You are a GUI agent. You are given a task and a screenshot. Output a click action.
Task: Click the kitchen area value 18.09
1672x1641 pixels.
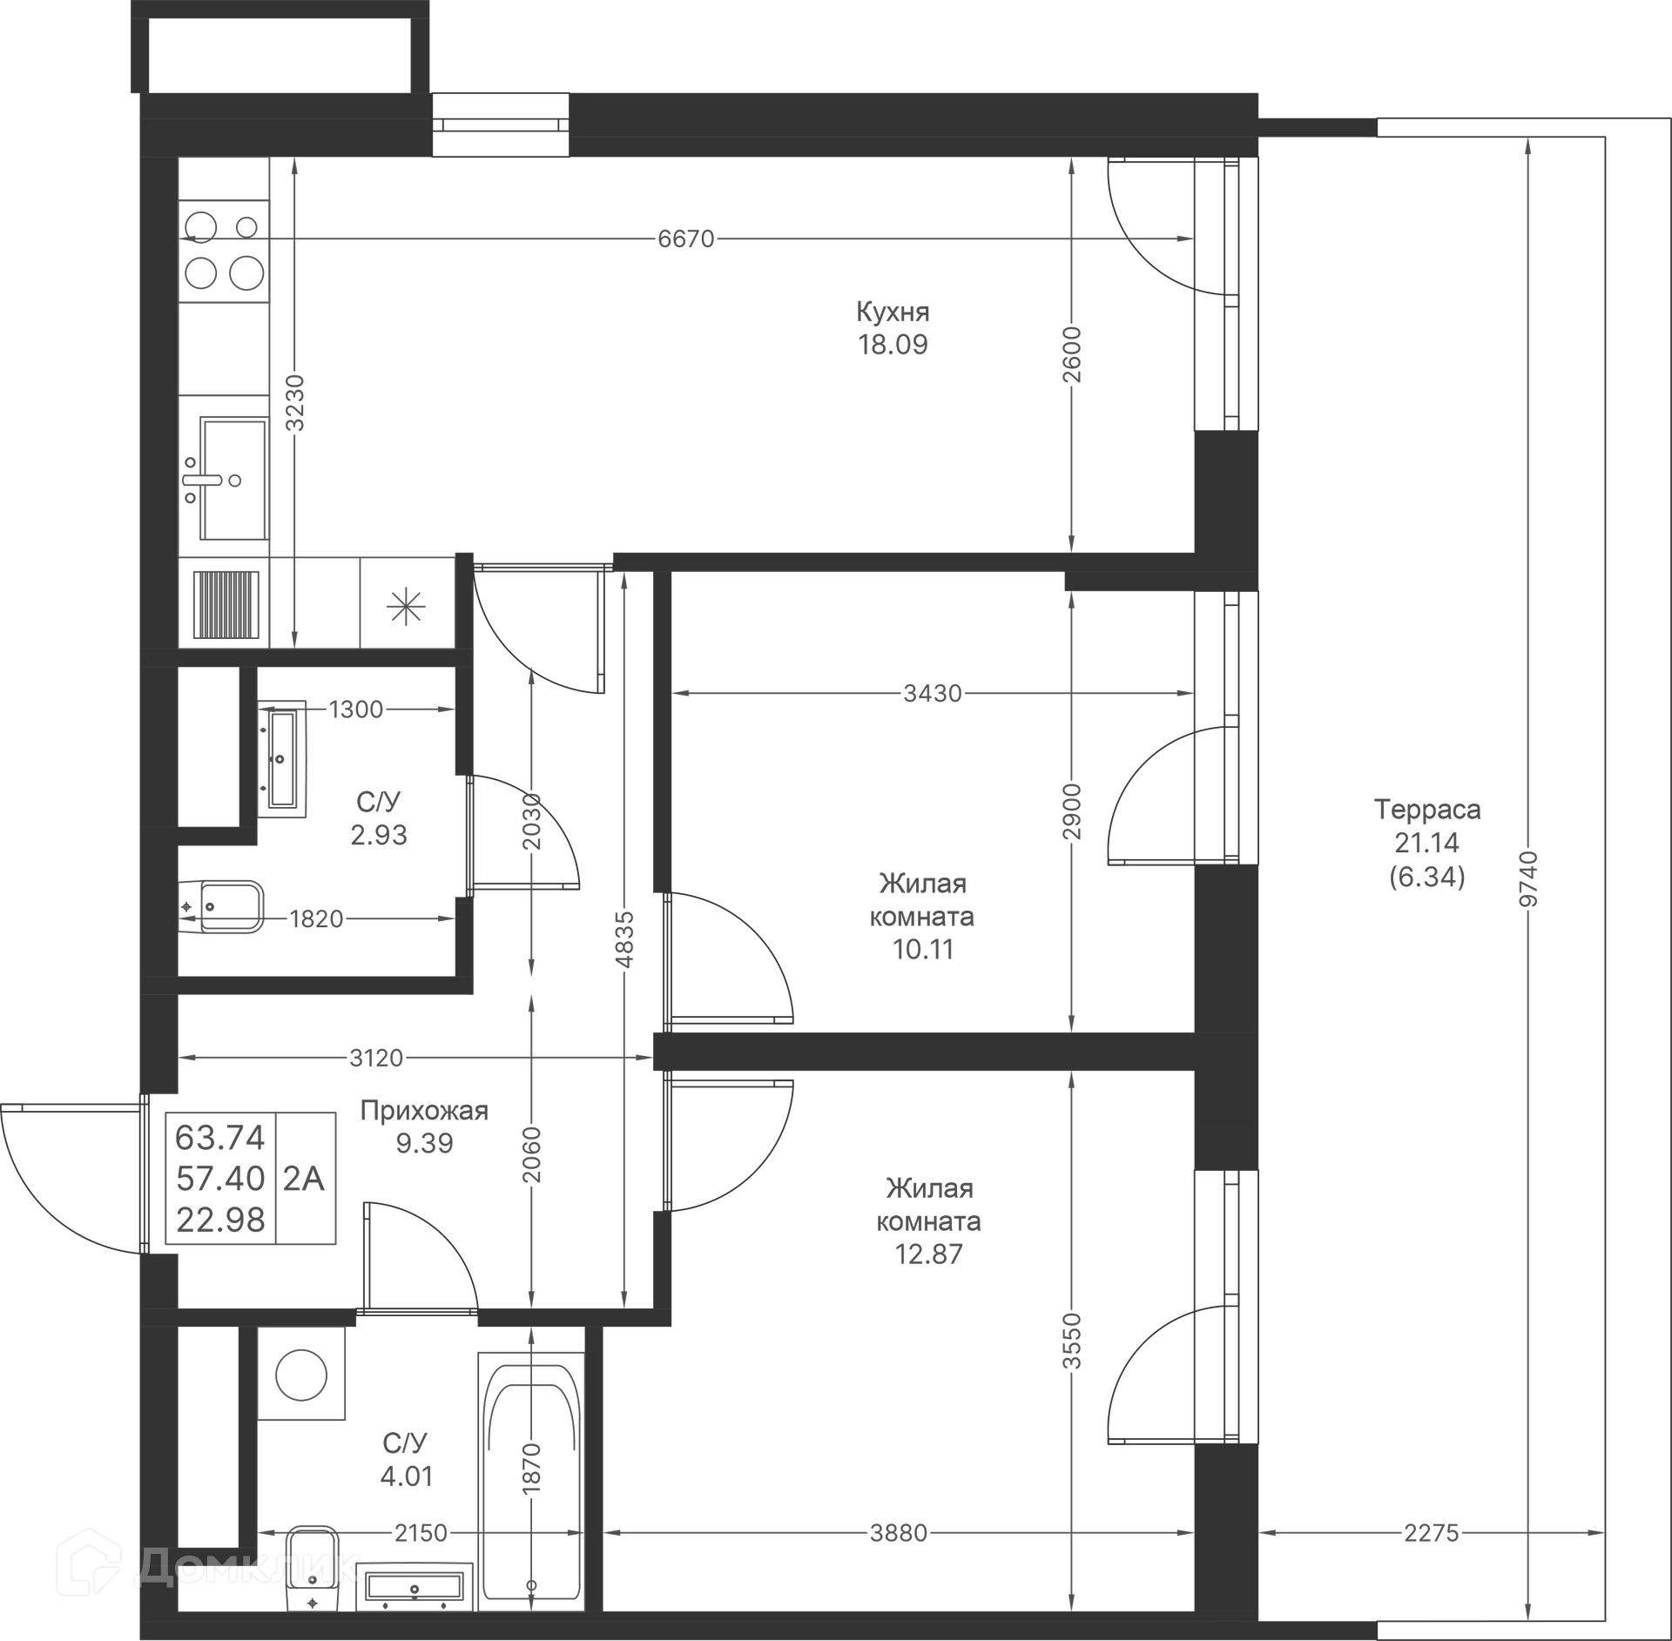coord(893,345)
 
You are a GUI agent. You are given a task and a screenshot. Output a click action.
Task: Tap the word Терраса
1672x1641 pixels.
coord(1427,810)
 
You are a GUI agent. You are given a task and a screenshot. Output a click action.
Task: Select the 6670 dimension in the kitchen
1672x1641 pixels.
coord(686,239)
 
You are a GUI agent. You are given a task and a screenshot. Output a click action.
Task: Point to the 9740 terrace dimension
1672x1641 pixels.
coord(1528,879)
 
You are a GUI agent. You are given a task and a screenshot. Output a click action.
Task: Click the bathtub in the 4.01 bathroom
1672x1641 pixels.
coord(531,1488)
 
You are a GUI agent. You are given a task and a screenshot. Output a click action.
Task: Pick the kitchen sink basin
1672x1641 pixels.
coord(233,478)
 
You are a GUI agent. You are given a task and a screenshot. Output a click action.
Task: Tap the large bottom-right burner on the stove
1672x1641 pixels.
coord(246,273)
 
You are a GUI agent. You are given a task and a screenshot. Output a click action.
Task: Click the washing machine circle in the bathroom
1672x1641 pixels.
coord(301,1375)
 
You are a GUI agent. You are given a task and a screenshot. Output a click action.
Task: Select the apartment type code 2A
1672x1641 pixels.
coord(304,1179)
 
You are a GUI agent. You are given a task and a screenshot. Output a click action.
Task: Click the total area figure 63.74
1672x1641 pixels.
coord(220,1138)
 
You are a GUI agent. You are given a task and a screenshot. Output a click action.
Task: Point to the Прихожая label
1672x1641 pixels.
coord(424,1111)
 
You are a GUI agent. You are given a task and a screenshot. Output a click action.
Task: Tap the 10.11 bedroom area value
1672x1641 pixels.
coord(923,950)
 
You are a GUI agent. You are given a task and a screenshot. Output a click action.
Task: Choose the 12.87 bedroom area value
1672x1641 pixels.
coord(928,1254)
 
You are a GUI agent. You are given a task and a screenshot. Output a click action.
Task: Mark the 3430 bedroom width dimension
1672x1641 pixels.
coord(933,693)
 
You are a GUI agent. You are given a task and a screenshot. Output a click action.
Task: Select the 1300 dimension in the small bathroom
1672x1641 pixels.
coord(356,710)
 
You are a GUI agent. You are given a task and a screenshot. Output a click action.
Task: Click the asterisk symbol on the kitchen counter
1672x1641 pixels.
coord(407,607)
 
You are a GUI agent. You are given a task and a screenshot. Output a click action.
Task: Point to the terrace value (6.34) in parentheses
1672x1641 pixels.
coord(1427,878)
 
